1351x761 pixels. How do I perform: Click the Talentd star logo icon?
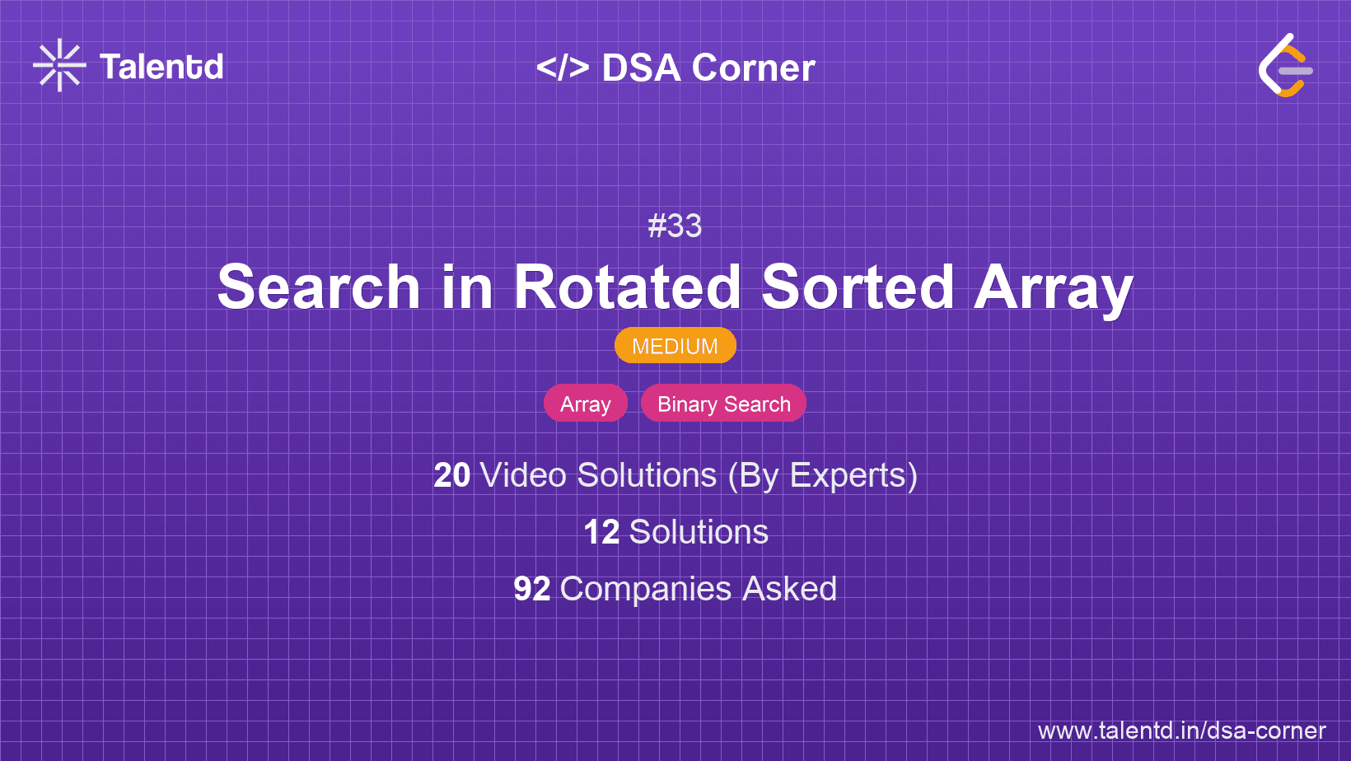click(x=59, y=66)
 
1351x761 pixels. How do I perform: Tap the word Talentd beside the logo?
click(x=161, y=67)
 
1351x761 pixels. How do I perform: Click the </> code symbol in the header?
click(x=563, y=68)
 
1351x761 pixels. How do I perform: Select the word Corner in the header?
click(x=753, y=68)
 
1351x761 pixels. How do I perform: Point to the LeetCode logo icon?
click(x=1285, y=66)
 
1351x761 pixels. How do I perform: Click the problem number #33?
click(x=675, y=226)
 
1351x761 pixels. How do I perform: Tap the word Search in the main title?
click(x=319, y=287)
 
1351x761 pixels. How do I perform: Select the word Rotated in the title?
click(x=628, y=287)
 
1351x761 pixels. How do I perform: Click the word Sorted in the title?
click(x=858, y=287)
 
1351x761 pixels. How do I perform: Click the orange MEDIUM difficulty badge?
click(x=675, y=346)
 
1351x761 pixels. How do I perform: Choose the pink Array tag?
click(x=585, y=404)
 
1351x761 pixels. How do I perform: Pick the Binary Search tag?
click(x=723, y=404)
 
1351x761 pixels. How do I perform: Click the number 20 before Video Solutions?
click(x=451, y=475)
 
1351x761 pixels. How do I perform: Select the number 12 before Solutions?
click(x=601, y=532)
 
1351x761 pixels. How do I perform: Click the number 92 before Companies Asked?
click(x=531, y=589)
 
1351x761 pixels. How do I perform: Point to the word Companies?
click(x=646, y=589)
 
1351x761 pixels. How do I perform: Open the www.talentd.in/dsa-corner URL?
click(x=1181, y=731)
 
